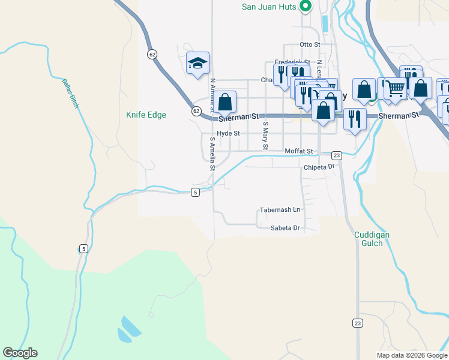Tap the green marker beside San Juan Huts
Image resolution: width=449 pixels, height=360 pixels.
[305, 7]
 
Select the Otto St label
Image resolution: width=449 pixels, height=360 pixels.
[310, 44]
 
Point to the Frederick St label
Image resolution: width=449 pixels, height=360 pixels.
[292, 62]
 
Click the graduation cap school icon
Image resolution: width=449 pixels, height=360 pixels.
[197, 63]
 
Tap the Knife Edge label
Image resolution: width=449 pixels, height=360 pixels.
[146, 115]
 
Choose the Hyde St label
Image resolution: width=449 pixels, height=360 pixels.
[228, 133]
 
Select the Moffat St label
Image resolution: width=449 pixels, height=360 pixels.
[299, 151]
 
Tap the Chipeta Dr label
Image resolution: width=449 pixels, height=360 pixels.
[318, 167]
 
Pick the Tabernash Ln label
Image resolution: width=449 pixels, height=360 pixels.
[279, 210]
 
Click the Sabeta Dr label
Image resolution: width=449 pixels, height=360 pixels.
[285, 228]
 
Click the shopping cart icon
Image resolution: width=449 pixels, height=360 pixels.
[395, 88]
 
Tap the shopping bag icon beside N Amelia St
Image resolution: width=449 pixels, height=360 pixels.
[225, 101]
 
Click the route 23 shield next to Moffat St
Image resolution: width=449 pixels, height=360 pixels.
[337, 155]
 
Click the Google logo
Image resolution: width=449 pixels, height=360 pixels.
[20, 353]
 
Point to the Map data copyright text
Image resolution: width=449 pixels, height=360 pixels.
[412, 355]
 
